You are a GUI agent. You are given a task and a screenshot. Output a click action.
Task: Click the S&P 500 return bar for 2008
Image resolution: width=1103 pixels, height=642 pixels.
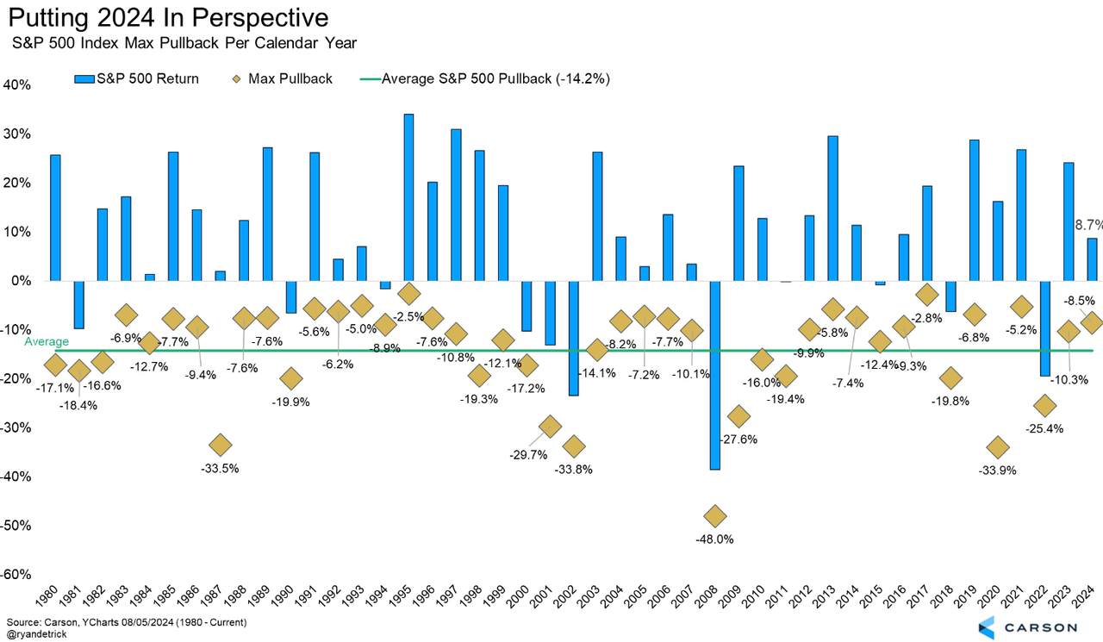[714, 375]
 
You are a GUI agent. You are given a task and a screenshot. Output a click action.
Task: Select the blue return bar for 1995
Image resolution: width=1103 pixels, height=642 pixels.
[408, 197]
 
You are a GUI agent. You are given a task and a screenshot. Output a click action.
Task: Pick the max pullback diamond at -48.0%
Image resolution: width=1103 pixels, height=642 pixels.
[714, 516]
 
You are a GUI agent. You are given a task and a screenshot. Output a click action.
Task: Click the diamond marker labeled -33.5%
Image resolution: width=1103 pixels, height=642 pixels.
[220, 445]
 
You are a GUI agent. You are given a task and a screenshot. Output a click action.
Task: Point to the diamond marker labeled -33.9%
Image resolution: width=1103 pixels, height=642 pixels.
[998, 447]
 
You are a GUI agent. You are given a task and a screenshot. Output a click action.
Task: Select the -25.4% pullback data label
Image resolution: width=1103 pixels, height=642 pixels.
[1044, 428]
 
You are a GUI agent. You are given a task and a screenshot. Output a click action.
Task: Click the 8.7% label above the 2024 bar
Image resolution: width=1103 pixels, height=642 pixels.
[1087, 224]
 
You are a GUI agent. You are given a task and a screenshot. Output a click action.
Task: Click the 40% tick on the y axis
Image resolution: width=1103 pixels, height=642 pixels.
[17, 85]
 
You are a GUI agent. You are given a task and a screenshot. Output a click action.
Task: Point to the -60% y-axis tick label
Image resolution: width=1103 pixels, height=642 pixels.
[16, 575]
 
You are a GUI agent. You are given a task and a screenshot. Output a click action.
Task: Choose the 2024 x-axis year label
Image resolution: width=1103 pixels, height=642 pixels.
[1088, 595]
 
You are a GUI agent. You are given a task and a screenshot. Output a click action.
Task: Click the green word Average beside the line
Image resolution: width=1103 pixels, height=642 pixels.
[47, 342]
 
